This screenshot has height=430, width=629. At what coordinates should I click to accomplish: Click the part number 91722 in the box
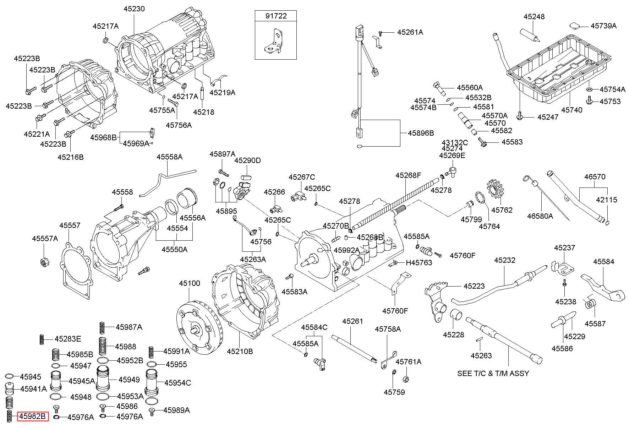(x=276, y=16)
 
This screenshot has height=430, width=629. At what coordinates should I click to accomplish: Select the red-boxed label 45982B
(x=33, y=417)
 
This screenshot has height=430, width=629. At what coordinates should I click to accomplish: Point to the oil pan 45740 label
(x=571, y=110)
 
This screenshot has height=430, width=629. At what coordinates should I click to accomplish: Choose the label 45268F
(x=408, y=175)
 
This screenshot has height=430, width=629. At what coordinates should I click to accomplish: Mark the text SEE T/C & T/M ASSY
(x=493, y=373)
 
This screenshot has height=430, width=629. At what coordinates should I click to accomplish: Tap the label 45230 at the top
(x=134, y=9)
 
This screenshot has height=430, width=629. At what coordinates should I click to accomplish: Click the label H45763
(x=419, y=262)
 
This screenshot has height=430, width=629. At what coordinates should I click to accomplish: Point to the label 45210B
(x=240, y=352)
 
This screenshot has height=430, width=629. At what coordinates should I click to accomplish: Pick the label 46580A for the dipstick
(x=540, y=216)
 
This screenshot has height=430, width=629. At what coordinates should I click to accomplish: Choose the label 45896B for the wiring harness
(x=421, y=133)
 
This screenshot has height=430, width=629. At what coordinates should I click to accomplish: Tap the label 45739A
(x=603, y=26)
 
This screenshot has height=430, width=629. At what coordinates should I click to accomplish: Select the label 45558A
(x=170, y=157)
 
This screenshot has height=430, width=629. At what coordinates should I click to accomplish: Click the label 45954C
(x=178, y=383)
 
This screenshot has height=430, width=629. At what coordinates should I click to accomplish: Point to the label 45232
(x=504, y=260)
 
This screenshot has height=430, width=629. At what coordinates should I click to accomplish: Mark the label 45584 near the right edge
(x=603, y=262)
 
